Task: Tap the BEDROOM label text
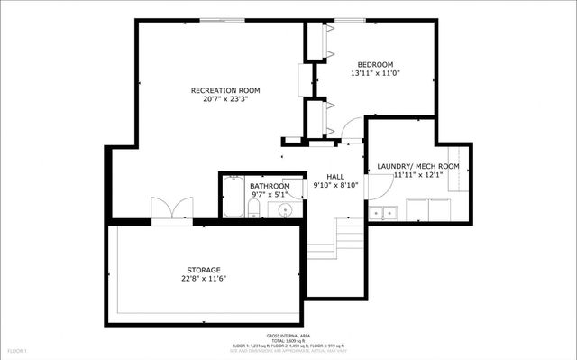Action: (x=375, y=64)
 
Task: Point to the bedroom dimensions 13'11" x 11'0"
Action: (x=375, y=73)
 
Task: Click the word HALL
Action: (x=334, y=176)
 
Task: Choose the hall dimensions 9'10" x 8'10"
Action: (x=334, y=185)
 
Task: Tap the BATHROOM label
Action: (x=270, y=186)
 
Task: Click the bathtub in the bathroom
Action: (x=234, y=198)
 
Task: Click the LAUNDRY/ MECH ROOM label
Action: (x=418, y=166)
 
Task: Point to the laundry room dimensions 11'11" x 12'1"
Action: (x=418, y=175)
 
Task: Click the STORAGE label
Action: (x=204, y=269)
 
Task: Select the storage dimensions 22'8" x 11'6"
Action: (x=204, y=278)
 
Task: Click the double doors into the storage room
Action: (x=170, y=209)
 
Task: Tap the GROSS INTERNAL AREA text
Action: (x=288, y=334)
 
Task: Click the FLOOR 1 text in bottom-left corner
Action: (x=18, y=350)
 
